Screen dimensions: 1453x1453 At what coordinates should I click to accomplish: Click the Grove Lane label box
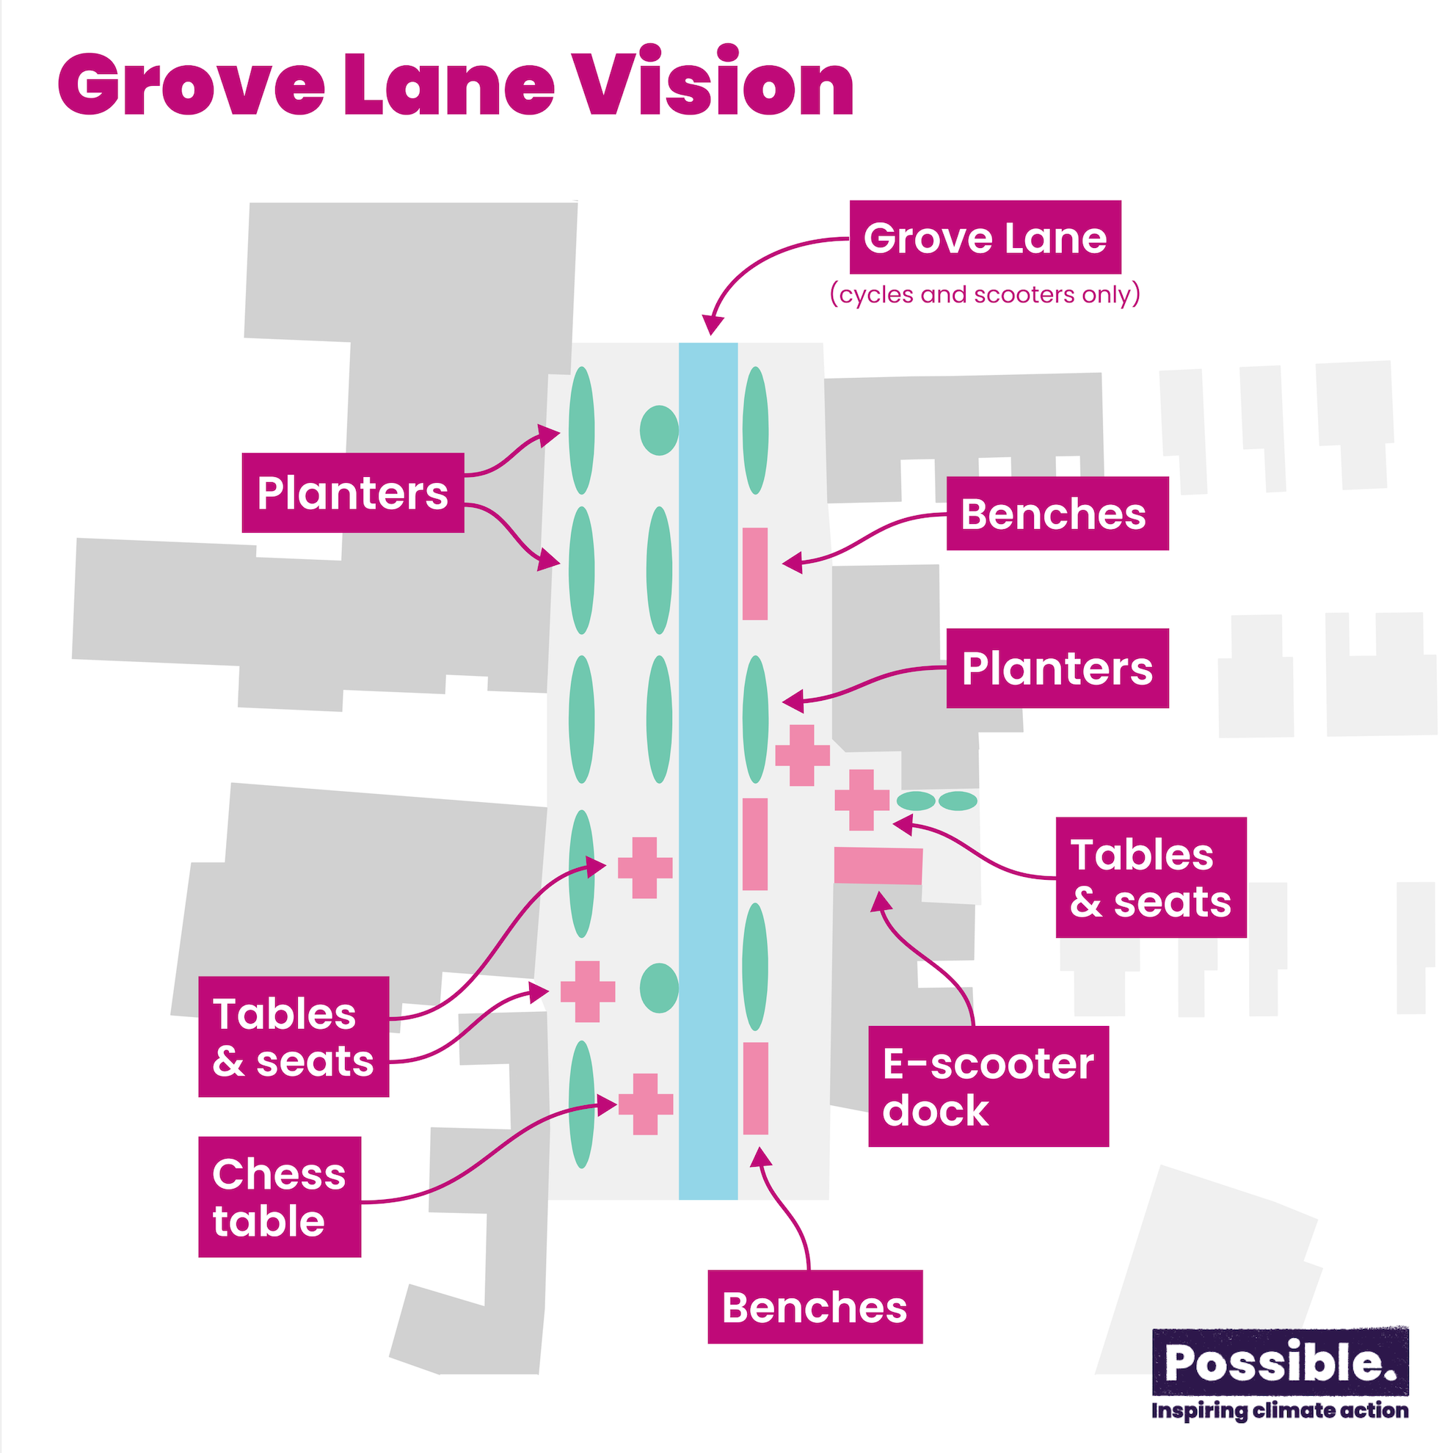pos(986,237)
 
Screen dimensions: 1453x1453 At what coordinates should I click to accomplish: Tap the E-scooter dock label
pos(988,1086)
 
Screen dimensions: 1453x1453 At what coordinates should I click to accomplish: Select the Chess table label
pos(280,1197)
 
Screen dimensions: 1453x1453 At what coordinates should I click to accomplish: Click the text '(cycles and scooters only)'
pos(986,294)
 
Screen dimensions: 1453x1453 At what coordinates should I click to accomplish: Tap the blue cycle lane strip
pos(707,771)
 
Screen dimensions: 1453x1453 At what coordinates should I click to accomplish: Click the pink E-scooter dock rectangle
pos(878,866)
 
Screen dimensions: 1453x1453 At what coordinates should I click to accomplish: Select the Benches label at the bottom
pos(815,1307)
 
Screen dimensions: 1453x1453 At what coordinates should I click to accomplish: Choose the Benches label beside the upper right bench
pos(1057,514)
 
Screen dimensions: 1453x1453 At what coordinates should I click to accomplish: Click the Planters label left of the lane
pos(353,492)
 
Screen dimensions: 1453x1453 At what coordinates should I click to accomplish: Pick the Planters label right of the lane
pos(1057,668)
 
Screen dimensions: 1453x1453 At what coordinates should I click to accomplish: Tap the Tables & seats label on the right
pos(1151,877)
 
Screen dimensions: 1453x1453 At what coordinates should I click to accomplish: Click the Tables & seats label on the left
pos(294,1036)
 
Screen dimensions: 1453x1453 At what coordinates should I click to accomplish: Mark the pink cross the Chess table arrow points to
pos(645,1104)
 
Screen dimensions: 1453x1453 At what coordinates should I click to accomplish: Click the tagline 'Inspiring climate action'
pos(1280,1410)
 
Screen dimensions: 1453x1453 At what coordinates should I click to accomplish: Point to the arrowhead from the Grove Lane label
pos(712,325)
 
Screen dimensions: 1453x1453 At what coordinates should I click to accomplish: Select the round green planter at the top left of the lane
pos(659,430)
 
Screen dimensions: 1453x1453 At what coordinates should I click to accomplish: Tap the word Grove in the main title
pos(192,84)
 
